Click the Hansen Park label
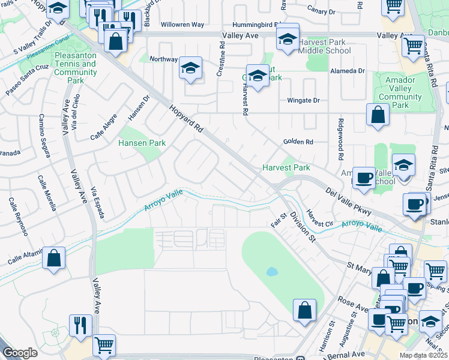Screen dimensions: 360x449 [x=141, y=144]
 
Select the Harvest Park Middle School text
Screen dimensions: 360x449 [x=320, y=47]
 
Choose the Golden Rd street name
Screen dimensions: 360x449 [x=298, y=142]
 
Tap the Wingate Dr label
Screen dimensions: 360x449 [x=301, y=101]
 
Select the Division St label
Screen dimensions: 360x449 [x=302, y=227]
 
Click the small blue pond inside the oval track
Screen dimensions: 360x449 [x=272, y=271]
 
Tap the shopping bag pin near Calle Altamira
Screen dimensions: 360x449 [x=54, y=259]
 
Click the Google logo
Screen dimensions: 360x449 [x=20, y=353]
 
